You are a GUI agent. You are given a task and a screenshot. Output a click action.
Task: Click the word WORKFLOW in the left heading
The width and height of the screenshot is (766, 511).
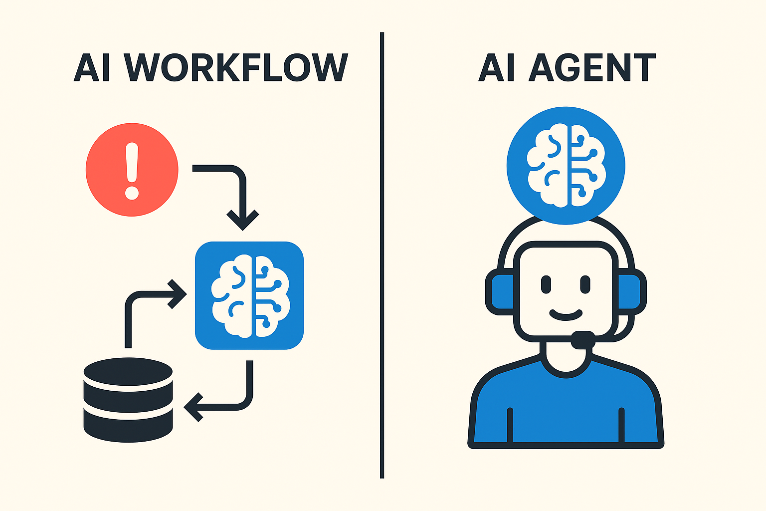235,67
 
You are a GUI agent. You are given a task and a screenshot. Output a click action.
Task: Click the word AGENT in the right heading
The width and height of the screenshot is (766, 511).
592,67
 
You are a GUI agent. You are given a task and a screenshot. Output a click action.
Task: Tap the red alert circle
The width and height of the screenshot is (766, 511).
132,170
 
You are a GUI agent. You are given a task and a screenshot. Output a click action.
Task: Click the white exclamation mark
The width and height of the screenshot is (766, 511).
132,171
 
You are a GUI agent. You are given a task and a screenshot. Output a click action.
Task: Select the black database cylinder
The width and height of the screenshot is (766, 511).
128,400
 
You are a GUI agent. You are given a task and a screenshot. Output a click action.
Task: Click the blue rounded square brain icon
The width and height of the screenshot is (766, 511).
249,295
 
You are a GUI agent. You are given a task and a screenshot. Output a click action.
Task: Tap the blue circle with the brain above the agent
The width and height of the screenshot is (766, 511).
566,166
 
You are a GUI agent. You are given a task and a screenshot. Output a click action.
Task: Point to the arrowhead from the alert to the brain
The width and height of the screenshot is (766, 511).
243,220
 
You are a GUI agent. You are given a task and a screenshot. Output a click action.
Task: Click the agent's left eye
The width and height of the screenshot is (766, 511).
546,284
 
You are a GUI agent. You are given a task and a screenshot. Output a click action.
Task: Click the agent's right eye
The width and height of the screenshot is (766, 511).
585,284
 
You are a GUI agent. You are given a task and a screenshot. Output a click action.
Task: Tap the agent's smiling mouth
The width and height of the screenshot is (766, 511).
566,315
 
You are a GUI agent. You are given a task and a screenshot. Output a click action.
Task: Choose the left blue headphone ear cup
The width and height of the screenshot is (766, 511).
500,291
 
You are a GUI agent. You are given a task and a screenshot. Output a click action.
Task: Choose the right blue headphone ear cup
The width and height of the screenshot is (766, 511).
632,291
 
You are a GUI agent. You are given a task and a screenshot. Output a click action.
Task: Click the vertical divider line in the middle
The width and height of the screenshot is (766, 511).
382,255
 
